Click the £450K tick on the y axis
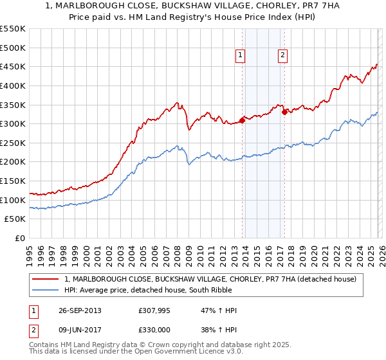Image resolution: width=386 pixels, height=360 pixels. [x=13, y=67]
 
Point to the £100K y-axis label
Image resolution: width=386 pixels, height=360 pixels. [x=13, y=201]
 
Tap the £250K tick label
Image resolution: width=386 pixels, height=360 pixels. [x=13, y=143]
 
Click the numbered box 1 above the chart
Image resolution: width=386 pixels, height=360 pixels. [x=240, y=56]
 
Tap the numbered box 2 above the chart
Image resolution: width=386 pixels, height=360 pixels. [x=282, y=56]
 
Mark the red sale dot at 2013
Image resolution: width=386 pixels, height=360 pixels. [x=243, y=120]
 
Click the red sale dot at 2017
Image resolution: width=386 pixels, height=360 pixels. [x=284, y=112]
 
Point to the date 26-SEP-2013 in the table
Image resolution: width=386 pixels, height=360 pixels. [x=78, y=310]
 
